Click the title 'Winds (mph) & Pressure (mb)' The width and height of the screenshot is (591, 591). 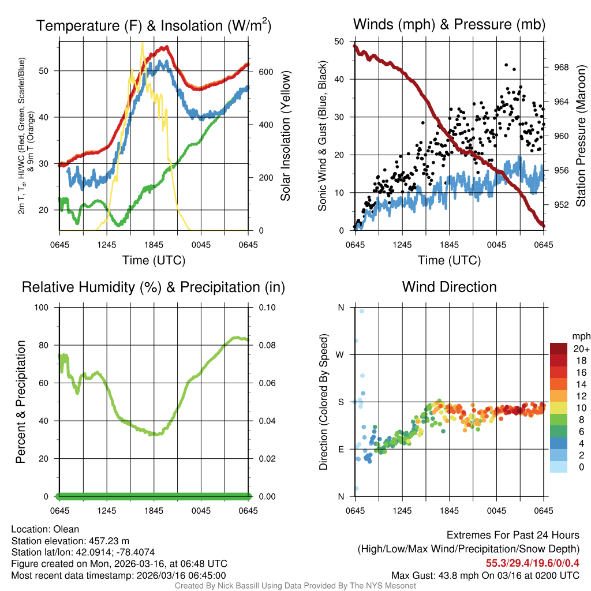click(449, 24)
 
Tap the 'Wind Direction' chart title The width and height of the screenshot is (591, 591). click(449, 287)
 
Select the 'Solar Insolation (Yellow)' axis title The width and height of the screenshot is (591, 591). click(286, 136)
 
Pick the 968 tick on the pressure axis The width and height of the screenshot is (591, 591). click(561, 67)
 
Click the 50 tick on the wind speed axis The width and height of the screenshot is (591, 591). click(340, 41)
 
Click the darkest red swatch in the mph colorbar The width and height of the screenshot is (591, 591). click(559, 348)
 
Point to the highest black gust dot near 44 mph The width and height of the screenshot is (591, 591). click(506, 65)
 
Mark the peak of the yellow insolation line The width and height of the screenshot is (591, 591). click(143, 43)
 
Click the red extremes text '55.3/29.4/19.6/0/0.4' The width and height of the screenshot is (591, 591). click(532, 563)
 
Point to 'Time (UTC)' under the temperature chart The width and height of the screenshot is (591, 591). click(154, 260)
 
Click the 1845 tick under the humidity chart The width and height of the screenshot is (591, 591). click(154, 511)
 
